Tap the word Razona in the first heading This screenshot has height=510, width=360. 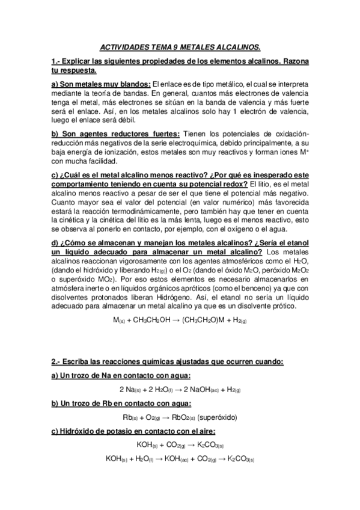[x=290, y=62]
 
